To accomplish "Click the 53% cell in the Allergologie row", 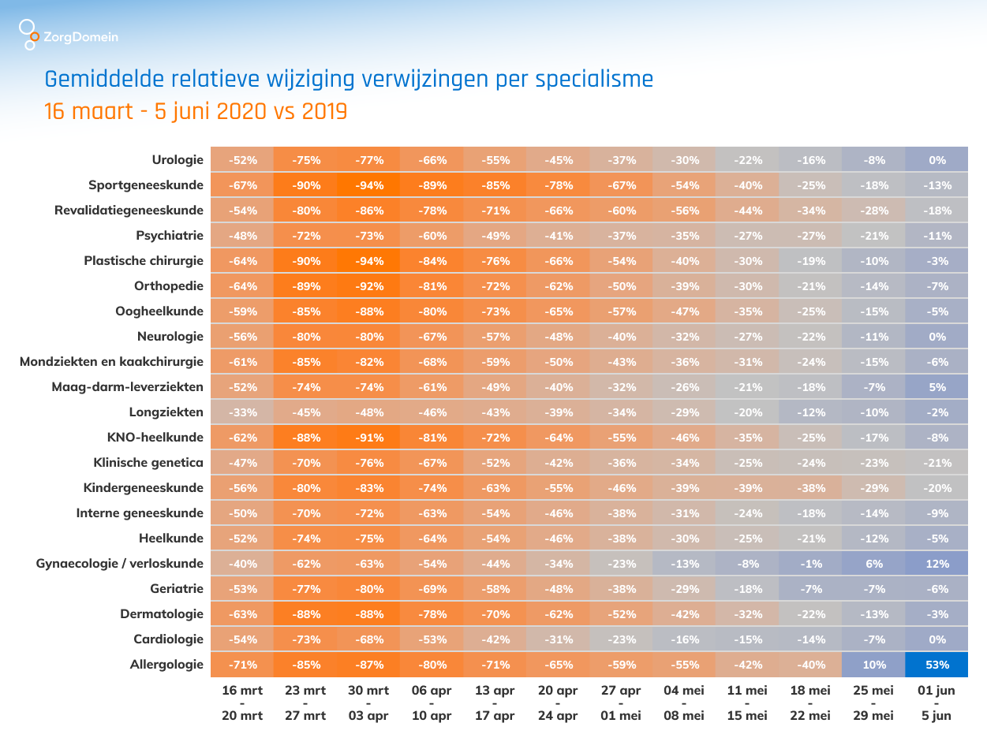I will pos(937,665).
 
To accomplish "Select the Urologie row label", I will pos(178,160).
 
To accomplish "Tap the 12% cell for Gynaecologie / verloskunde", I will pos(937,564).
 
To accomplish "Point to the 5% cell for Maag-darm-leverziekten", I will pos(937,387).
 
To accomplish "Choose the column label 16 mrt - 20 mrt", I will pos(242,703).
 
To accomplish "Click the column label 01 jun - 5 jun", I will pos(937,703).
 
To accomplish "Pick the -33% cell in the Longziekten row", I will pos(242,412).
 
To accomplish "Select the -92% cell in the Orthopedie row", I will pos(368,286).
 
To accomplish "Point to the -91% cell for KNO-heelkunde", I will pos(368,438).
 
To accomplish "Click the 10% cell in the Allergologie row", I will pos(873,665).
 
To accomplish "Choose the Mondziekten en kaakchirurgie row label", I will pos(111,362).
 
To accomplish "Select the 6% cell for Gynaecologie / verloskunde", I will pos(873,564).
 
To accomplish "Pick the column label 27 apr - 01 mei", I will pos(621,703).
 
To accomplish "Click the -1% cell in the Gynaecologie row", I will pos(810,564).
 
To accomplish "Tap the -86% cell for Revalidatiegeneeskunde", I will pos(368,211).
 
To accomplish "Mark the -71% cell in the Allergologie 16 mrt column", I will pos(242,665).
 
